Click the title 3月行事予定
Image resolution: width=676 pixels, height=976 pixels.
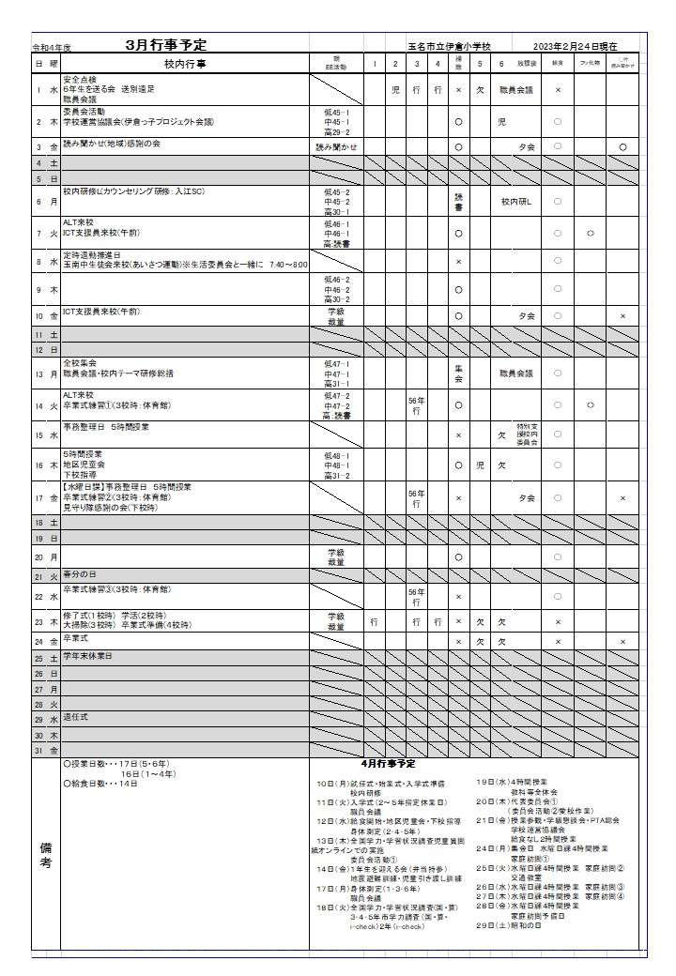(167, 45)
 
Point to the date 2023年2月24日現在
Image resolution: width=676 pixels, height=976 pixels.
(576, 46)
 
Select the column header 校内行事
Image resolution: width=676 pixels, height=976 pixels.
(185, 64)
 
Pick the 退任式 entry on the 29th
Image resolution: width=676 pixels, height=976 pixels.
(76, 717)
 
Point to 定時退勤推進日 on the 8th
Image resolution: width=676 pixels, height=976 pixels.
(92, 254)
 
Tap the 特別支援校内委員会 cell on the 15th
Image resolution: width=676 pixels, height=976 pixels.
(527, 435)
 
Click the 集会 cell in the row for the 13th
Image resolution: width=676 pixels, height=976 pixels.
(458, 374)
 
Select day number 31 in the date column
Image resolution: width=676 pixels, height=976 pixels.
(39, 751)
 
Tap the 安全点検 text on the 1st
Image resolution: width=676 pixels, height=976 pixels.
(81, 79)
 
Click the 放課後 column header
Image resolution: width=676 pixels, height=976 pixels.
(527, 64)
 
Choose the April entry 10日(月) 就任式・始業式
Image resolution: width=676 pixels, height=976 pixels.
(380, 783)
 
